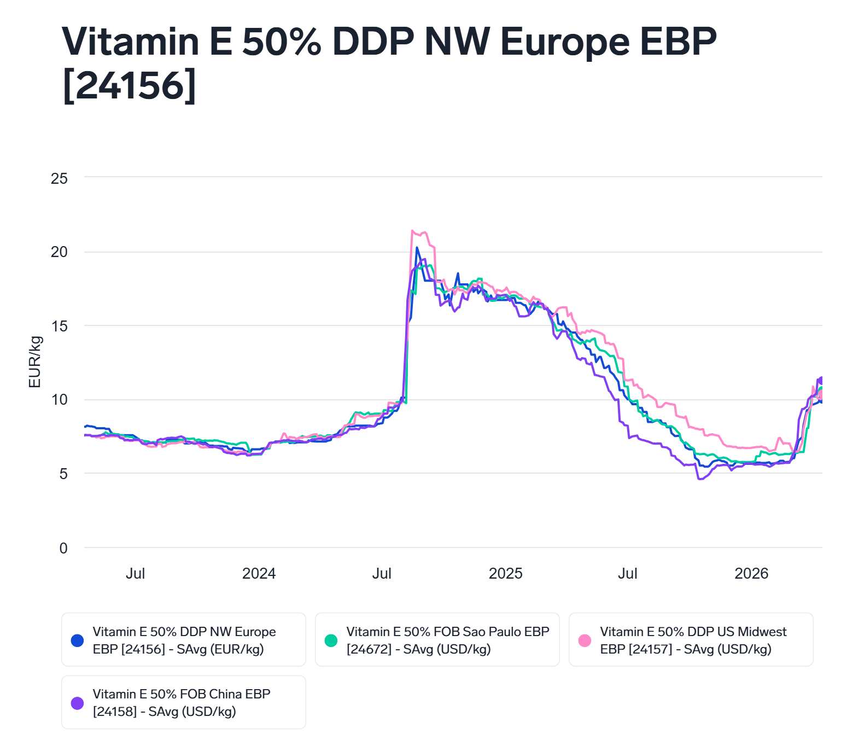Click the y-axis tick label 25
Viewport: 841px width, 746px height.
click(59, 178)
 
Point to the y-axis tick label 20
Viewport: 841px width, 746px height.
click(59, 252)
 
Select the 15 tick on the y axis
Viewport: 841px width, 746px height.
click(59, 326)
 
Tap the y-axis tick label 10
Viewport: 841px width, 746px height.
click(59, 400)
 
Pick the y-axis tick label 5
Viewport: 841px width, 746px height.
click(63, 474)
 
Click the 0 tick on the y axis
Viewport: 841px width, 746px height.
click(63, 548)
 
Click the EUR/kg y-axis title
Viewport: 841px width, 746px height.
click(35, 362)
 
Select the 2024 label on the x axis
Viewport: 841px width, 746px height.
click(259, 574)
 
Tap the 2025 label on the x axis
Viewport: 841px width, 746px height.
click(505, 574)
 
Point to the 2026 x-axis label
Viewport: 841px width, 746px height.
click(751, 574)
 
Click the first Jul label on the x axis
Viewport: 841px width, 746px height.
click(135, 574)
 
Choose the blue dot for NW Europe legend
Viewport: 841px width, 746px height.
click(78, 640)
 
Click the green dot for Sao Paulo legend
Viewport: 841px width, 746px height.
click(331, 640)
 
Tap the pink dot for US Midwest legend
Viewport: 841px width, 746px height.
click(585, 640)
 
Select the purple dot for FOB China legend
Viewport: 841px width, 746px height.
click(78, 703)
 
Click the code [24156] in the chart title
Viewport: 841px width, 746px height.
click(130, 86)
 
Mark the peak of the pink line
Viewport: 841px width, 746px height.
click(412, 231)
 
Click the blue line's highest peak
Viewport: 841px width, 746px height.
click(417, 248)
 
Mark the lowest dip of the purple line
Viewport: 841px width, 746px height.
click(699, 479)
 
